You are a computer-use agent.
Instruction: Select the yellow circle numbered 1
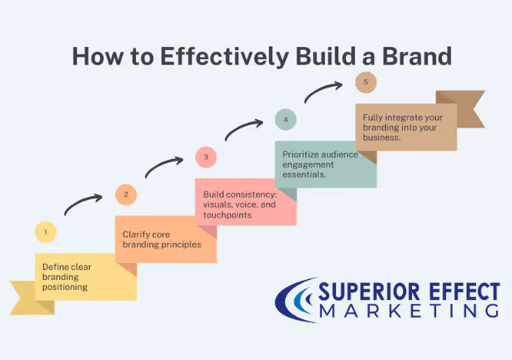[x=45, y=232]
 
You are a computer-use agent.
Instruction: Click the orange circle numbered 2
[x=126, y=195]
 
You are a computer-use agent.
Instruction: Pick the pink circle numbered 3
[x=206, y=158]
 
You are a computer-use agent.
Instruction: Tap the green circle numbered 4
[x=285, y=120]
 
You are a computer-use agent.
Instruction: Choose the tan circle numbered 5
[x=365, y=82]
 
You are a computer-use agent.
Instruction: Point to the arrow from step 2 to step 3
[x=164, y=166]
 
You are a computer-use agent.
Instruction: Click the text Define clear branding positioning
[x=66, y=277]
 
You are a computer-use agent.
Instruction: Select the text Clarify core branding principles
[x=161, y=238]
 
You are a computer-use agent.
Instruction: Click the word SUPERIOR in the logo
[x=361, y=293]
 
